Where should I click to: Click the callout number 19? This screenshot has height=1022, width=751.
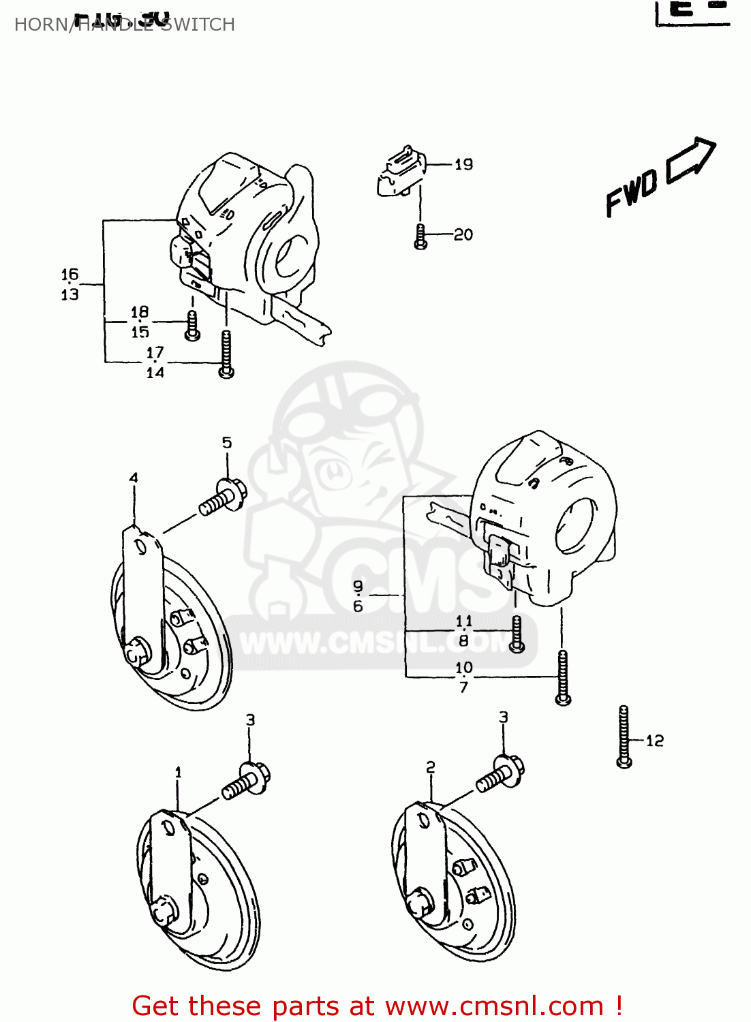(x=463, y=164)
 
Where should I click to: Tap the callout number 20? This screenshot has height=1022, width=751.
(x=463, y=234)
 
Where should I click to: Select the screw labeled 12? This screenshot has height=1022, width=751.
(x=624, y=737)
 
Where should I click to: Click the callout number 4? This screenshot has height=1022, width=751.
(x=134, y=478)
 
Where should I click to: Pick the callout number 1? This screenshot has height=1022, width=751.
(x=178, y=772)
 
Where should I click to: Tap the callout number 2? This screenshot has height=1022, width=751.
(x=430, y=767)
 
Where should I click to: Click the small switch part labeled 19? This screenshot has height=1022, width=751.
(x=402, y=174)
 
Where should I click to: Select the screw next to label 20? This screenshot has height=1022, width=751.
(x=420, y=236)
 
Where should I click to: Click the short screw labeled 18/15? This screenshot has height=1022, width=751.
(x=193, y=326)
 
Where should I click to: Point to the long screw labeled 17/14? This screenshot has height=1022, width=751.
(x=226, y=354)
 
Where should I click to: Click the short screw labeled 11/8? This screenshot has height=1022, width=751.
(x=517, y=633)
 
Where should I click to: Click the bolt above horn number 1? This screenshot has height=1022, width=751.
(x=246, y=781)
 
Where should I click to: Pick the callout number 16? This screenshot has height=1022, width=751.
(x=70, y=275)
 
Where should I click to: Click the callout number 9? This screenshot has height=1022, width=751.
(x=358, y=586)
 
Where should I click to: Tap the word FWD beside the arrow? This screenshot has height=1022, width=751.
(x=631, y=192)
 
